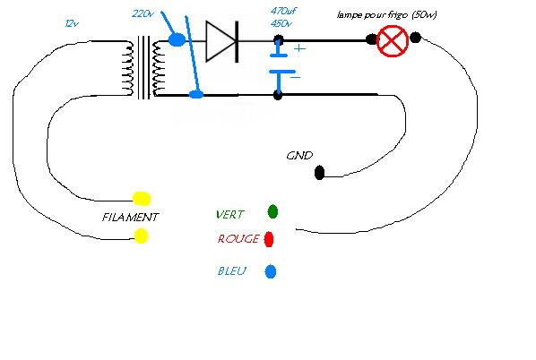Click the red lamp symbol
coord(393,41)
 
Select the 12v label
coord(72,23)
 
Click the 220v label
coord(143,14)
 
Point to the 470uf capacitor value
coord(283,11)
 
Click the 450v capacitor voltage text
coord(281,23)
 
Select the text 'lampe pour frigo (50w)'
coord(386,15)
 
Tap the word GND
coord(299,156)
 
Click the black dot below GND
coord(319,173)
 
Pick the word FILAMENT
coord(130,218)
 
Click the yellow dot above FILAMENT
coord(142,199)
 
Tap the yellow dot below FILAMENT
coord(141,236)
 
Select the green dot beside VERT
coord(272,211)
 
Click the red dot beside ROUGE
coord(269,239)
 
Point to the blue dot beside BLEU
coord(271,271)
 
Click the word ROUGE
coord(238,239)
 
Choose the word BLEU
coord(232,271)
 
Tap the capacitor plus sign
coord(299,48)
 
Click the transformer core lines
coord(144,67)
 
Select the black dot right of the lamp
coord(415,38)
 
